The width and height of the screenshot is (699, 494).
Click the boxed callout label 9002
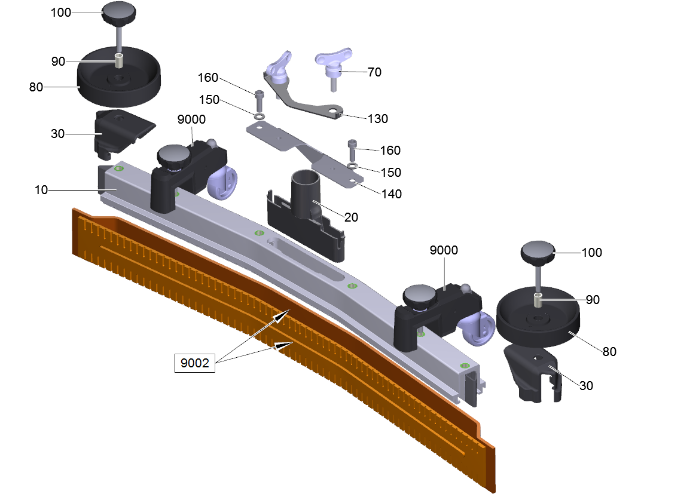[195, 363]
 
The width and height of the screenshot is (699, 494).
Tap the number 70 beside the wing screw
[374, 72]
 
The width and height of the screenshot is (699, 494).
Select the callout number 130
[377, 119]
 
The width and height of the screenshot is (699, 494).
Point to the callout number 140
[392, 194]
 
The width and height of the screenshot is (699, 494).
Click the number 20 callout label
[351, 217]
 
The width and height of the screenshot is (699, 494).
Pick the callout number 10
[41, 190]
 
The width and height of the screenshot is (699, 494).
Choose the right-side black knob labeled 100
[538, 253]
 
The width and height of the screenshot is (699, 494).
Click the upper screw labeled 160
[259, 101]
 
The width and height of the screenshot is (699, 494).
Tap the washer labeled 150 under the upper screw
[258, 116]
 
